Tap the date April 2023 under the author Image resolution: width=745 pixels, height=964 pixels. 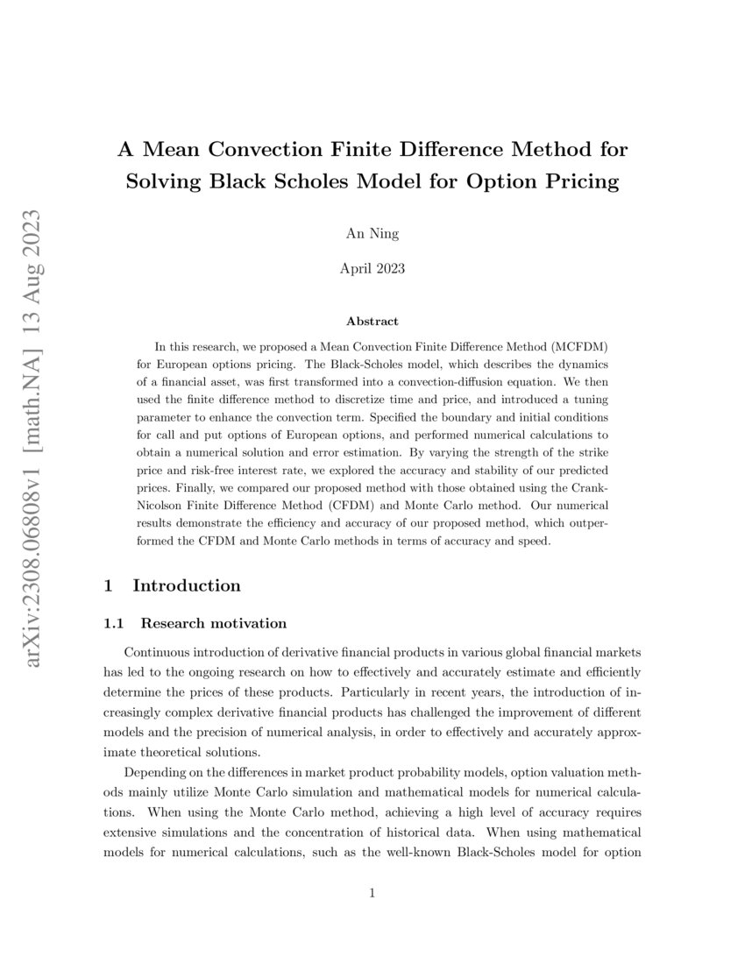[x=372, y=269]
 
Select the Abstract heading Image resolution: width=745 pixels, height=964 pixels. [x=372, y=322]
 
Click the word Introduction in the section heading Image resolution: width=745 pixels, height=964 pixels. [x=186, y=585]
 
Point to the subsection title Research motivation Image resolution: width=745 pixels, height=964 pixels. [x=213, y=624]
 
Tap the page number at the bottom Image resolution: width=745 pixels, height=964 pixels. [x=372, y=894]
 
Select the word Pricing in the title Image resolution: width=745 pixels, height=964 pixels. [x=578, y=182]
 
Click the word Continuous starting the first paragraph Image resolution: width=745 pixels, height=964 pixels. [x=162, y=653]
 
